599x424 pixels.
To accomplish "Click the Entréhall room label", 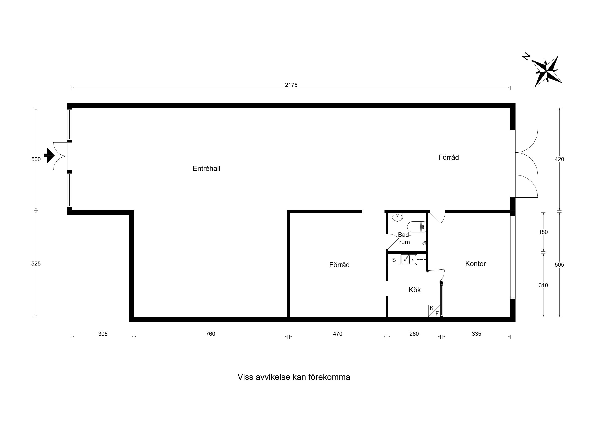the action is coord(206,168).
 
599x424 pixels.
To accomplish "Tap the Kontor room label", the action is coord(475,264).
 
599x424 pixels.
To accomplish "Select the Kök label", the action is coord(415,290).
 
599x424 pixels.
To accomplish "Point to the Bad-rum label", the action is coord(404,238).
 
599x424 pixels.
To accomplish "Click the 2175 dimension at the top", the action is coord(291,85).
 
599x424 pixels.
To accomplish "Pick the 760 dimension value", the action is coord(210,334).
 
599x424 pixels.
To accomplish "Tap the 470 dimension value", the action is coord(337,334).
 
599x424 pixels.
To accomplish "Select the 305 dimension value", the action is coord(103,334).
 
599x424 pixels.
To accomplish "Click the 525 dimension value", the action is coord(36,264).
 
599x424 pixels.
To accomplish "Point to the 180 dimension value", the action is coord(543,232).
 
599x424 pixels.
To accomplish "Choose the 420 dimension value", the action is coord(559,159).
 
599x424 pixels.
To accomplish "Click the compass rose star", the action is coord(546,71).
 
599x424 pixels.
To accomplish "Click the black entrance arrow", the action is coord(49,155).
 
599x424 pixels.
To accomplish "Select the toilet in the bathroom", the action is coord(416,227).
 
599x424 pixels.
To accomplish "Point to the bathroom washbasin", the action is coord(397,217).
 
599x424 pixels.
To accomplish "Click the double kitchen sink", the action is coord(409,260).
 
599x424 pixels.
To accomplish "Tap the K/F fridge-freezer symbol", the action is coord(434,311).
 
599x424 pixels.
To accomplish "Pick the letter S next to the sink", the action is coord(394,260).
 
